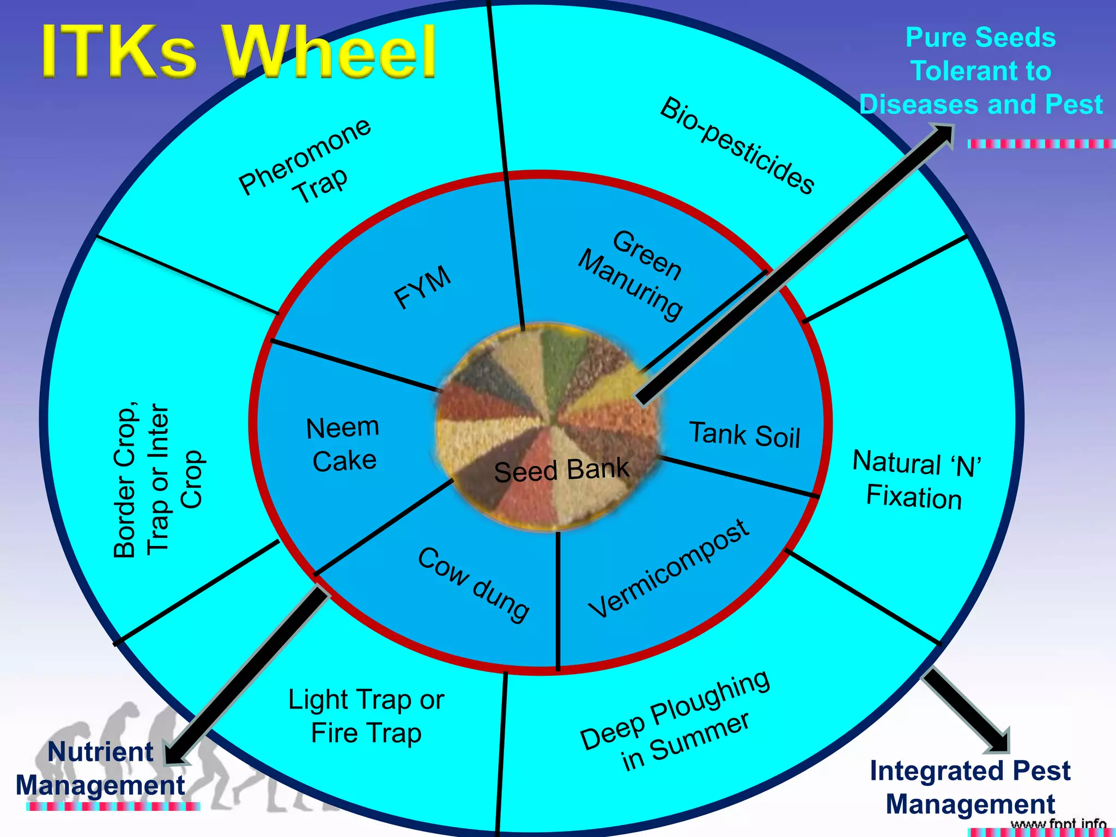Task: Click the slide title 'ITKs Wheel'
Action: [x=239, y=52]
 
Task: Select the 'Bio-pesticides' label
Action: [x=737, y=145]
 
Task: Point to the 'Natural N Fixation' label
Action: [x=915, y=480]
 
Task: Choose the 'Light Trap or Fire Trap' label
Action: [x=366, y=716]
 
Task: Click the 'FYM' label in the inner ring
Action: [x=423, y=287]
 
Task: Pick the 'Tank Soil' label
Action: [x=745, y=435]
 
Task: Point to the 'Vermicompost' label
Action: [x=669, y=568]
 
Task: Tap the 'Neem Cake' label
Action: [x=343, y=444]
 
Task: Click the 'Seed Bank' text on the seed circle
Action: [x=561, y=470]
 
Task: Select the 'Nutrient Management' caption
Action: [x=101, y=769]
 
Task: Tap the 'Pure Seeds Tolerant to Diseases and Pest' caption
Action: [x=981, y=71]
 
